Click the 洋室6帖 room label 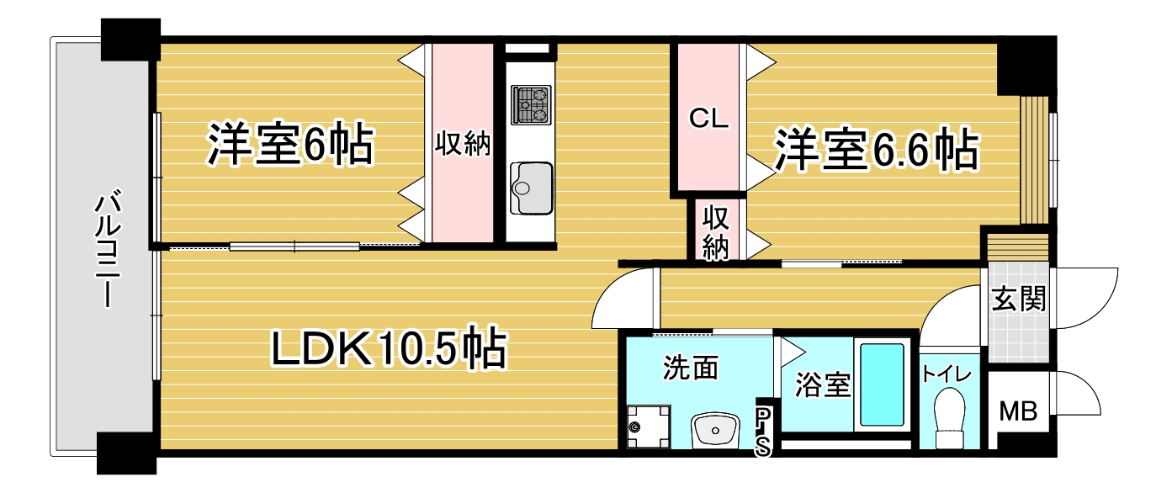click(x=291, y=145)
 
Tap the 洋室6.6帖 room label click(x=877, y=149)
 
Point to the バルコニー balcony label click(x=107, y=251)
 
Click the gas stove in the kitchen click(x=531, y=104)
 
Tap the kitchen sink click(x=531, y=188)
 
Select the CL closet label click(x=708, y=119)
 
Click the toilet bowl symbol click(x=949, y=417)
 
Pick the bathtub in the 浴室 click(x=882, y=384)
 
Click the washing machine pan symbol click(x=649, y=426)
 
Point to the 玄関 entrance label click(x=1019, y=299)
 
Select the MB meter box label click(x=1018, y=411)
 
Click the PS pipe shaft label click(x=763, y=432)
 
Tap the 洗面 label click(x=691, y=368)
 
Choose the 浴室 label click(x=823, y=384)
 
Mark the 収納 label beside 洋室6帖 click(x=463, y=143)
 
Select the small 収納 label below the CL click(x=715, y=232)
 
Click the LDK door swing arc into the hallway click(x=610, y=287)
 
